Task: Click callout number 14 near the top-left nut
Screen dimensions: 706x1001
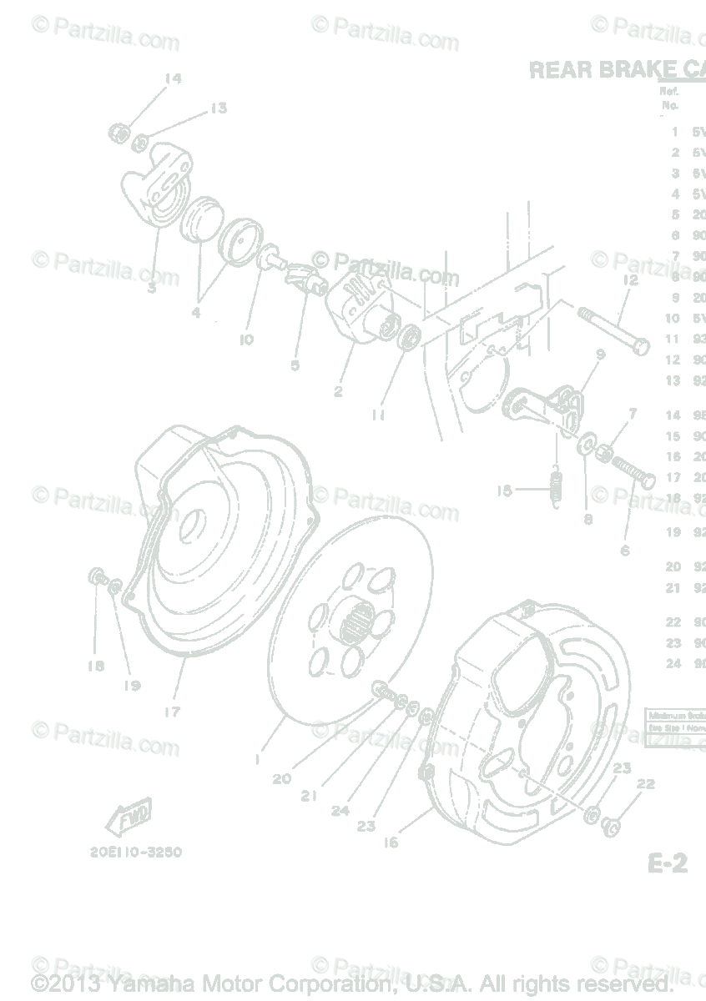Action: click(172, 79)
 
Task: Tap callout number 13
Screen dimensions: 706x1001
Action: click(218, 108)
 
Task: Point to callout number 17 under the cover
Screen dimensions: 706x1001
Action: click(172, 712)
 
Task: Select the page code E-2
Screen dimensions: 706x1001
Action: click(667, 864)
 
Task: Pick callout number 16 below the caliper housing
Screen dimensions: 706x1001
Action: click(391, 842)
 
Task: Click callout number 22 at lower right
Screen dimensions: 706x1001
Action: click(645, 784)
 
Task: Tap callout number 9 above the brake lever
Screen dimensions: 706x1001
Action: click(599, 354)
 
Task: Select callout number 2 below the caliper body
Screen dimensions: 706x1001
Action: click(337, 391)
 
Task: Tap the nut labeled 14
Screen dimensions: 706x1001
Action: click(119, 132)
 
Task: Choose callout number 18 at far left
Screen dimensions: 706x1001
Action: click(95, 666)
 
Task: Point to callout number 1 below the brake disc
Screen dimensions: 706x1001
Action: click(258, 760)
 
